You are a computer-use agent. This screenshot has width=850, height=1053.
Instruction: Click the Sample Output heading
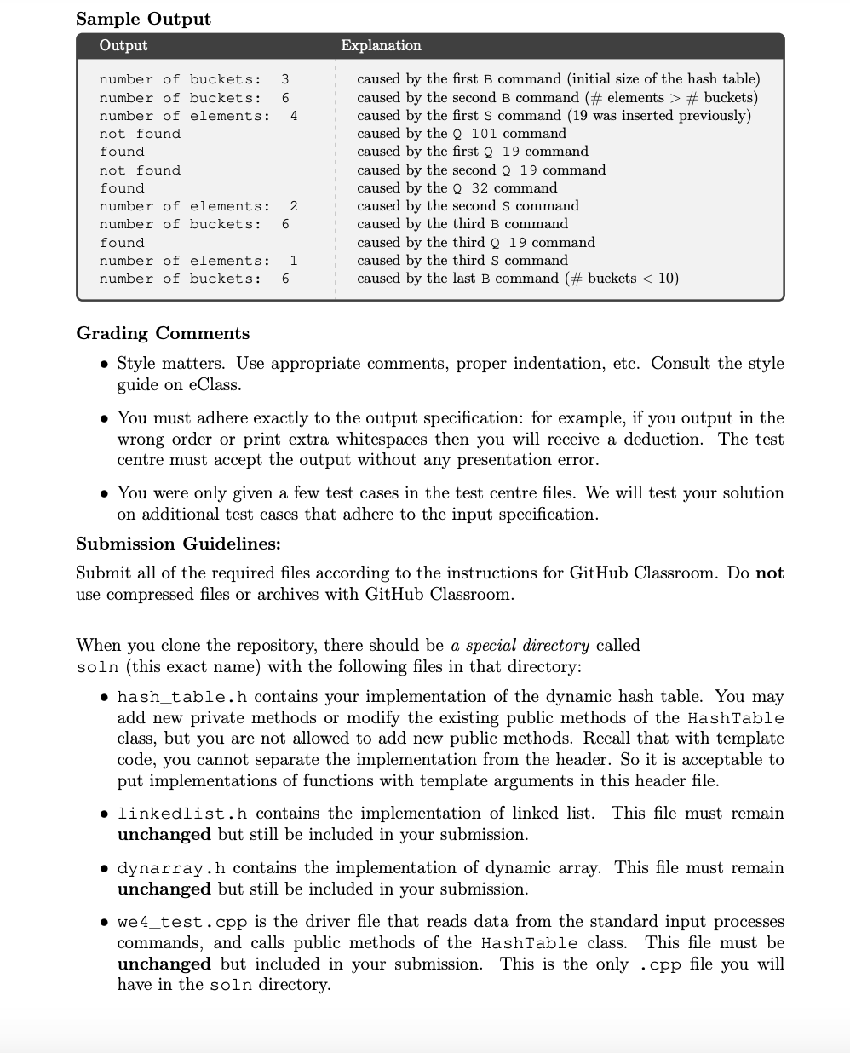[143, 19]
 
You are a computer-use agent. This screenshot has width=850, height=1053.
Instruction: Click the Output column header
[123, 45]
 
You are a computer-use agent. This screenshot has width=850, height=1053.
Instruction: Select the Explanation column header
[381, 45]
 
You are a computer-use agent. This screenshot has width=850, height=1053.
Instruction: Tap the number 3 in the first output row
[285, 79]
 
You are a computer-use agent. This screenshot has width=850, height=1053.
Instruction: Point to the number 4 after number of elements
[294, 116]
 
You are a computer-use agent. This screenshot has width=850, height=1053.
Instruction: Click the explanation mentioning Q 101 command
[461, 133]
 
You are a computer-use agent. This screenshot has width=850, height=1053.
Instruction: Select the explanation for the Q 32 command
[457, 187]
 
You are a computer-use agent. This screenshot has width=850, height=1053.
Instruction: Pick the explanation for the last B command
[517, 279]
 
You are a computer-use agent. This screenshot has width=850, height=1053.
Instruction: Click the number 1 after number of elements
[294, 261]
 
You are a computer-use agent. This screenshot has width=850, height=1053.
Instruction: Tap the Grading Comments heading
[163, 333]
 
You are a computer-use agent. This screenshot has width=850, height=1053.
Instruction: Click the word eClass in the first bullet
[215, 384]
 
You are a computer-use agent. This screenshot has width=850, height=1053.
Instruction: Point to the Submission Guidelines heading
[178, 544]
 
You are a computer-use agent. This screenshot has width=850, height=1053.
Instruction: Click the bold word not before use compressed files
[769, 573]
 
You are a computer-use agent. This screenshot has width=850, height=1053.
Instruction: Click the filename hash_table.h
[182, 697]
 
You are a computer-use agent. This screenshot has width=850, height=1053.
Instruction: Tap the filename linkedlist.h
[182, 814]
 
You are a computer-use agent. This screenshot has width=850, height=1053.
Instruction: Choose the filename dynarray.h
[171, 868]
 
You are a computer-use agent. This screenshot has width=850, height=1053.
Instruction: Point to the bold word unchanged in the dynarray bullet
[164, 889]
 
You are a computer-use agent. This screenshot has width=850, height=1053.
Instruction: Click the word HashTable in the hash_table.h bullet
[735, 718]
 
